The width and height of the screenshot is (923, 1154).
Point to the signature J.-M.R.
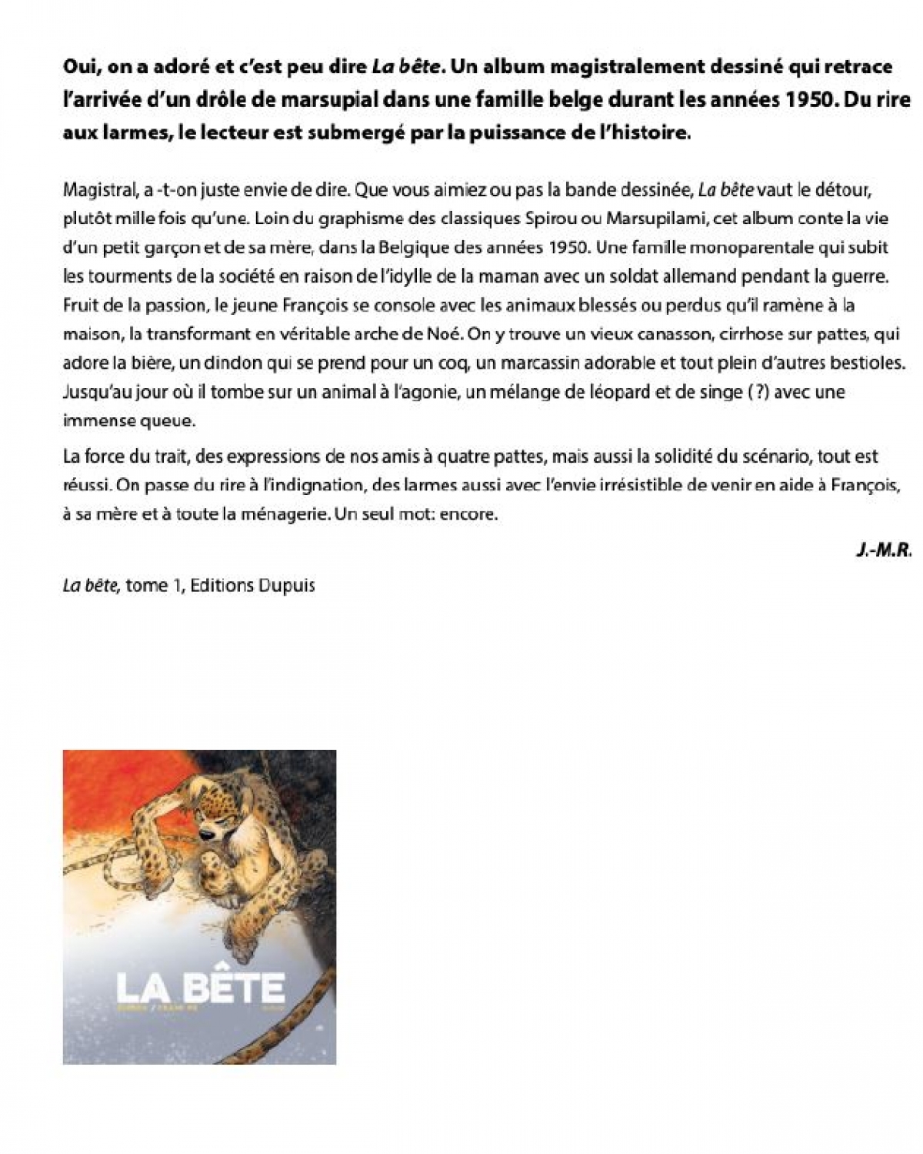point(884,550)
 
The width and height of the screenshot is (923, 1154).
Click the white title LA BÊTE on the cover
point(200,986)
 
